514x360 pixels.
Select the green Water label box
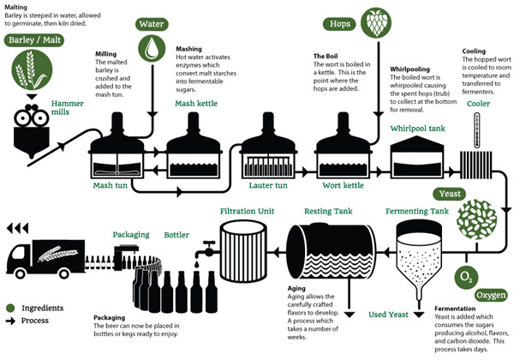click(152, 24)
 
